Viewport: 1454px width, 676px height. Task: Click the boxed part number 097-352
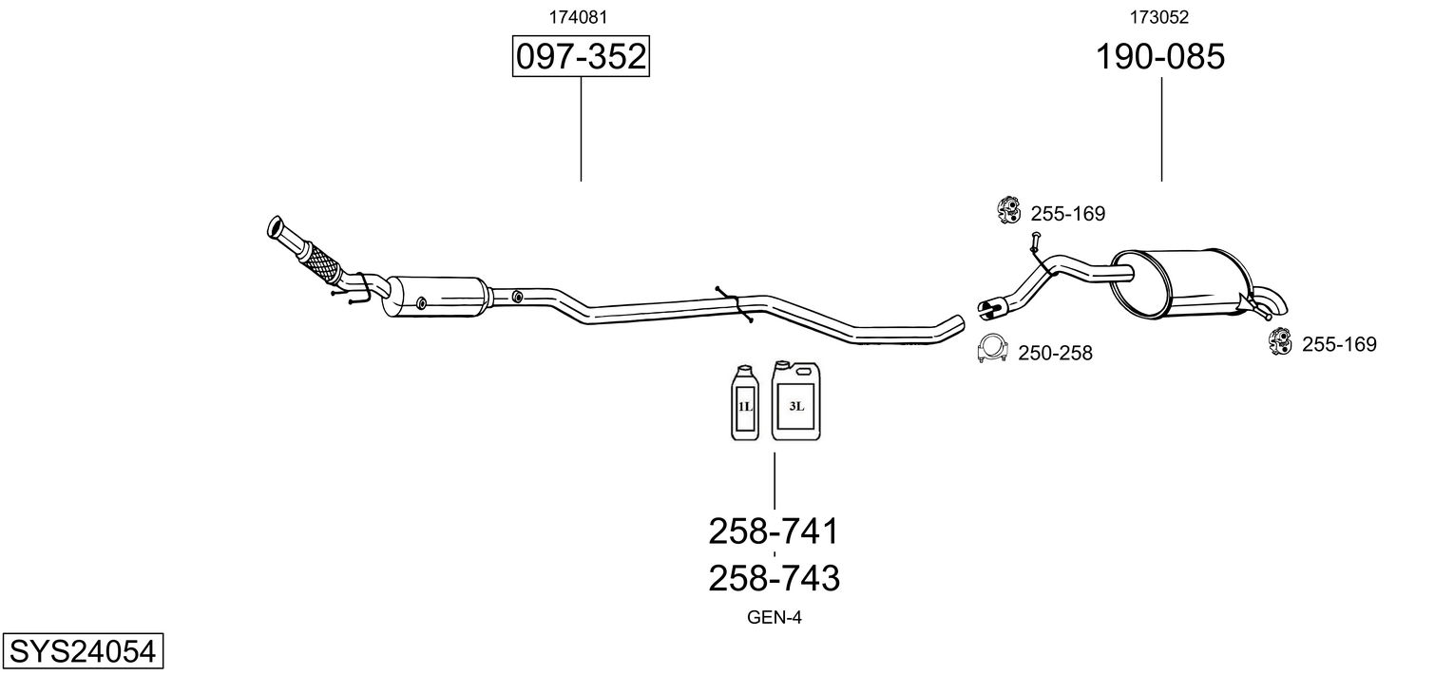581,58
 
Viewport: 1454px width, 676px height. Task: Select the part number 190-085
1160,57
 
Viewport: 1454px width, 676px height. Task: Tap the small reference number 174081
579,17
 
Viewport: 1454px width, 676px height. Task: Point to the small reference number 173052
1159,17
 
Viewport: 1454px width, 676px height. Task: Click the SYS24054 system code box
82,651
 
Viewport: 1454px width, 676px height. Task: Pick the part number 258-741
774,531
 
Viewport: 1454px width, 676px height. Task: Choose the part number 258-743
774,577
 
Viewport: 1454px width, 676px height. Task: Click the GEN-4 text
775,618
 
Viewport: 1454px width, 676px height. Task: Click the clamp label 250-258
1055,354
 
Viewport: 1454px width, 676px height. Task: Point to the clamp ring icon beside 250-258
992,351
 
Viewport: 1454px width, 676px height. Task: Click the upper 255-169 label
1067,214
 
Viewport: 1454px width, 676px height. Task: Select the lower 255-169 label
1338,344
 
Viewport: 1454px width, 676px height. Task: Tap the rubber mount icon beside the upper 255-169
1008,210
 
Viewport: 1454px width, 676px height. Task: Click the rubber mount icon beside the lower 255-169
1280,340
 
